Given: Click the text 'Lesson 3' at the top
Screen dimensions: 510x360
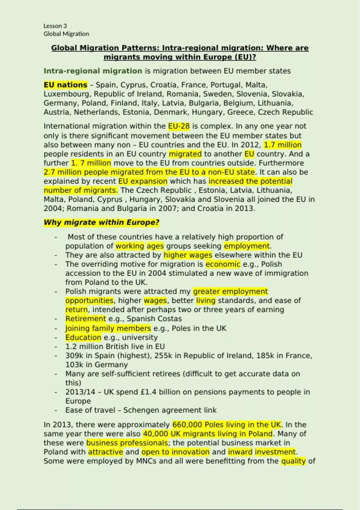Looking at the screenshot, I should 55,26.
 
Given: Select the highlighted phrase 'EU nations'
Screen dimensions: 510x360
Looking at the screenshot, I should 65,85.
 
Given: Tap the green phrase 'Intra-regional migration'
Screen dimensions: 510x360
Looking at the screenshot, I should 93,71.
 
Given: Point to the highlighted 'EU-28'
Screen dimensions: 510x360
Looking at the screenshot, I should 179,126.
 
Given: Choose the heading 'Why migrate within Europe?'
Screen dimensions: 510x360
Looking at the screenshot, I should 101,223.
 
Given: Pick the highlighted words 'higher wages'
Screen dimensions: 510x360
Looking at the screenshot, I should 188,255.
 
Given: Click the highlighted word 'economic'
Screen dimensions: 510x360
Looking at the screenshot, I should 223,264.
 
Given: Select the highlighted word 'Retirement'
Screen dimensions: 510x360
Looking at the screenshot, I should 86,319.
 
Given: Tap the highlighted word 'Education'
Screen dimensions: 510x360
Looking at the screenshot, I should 83,337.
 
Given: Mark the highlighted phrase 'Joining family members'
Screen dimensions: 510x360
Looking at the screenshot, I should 108,328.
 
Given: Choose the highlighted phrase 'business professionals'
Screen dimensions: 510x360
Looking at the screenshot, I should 127,443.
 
